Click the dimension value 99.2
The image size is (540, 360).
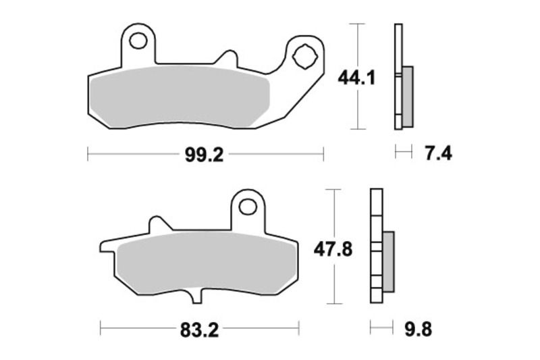(x=204, y=155)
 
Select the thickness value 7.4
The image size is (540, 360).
(x=438, y=153)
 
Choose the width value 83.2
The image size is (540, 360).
(x=199, y=330)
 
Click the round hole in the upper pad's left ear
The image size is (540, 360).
(x=138, y=41)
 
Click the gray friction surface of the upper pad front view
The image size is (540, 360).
(x=179, y=96)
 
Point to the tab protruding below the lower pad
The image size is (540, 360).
(x=196, y=297)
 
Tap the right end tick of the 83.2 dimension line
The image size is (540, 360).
(x=298, y=330)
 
